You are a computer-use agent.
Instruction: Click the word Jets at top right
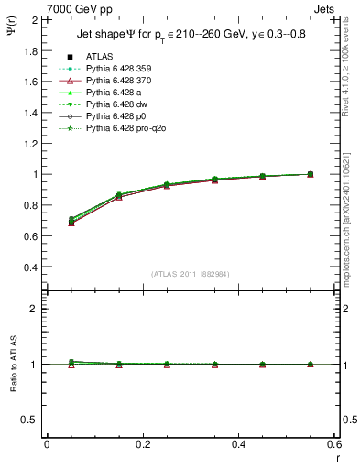click(325, 8)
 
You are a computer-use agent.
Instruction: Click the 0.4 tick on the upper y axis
click(29, 267)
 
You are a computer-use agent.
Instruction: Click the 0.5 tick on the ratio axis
click(29, 420)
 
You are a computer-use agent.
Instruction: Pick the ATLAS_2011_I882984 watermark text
click(190, 274)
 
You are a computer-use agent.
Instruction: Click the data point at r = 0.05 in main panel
click(71, 220)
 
